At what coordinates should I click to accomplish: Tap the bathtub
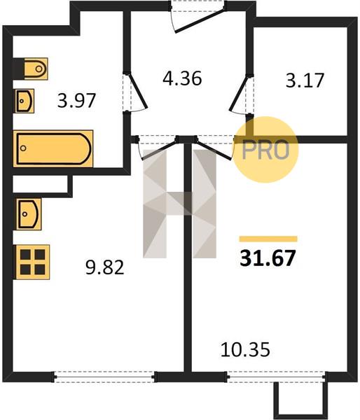click(x=53, y=148)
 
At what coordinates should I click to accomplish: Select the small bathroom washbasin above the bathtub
click(x=25, y=101)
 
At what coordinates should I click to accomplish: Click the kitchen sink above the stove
click(x=29, y=214)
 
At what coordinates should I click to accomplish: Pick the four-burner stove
click(x=33, y=262)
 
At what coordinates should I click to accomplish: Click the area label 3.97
click(x=76, y=101)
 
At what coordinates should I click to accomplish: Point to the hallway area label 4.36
click(x=182, y=78)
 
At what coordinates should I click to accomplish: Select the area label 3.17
click(x=305, y=80)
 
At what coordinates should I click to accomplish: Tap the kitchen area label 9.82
click(x=105, y=267)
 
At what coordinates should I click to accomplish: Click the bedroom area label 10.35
click(x=245, y=349)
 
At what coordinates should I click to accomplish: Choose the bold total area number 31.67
click(x=268, y=258)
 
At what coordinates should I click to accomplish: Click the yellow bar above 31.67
click(x=268, y=239)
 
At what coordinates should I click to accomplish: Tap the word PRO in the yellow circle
click(x=265, y=150)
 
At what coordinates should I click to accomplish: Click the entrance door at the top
click(x=200, y=21)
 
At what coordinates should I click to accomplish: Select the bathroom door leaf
click(x=137, y=90)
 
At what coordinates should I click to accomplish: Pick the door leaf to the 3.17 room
click(x=239, y=92)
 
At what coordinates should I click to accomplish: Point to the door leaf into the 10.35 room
click(x=214, y=149)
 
